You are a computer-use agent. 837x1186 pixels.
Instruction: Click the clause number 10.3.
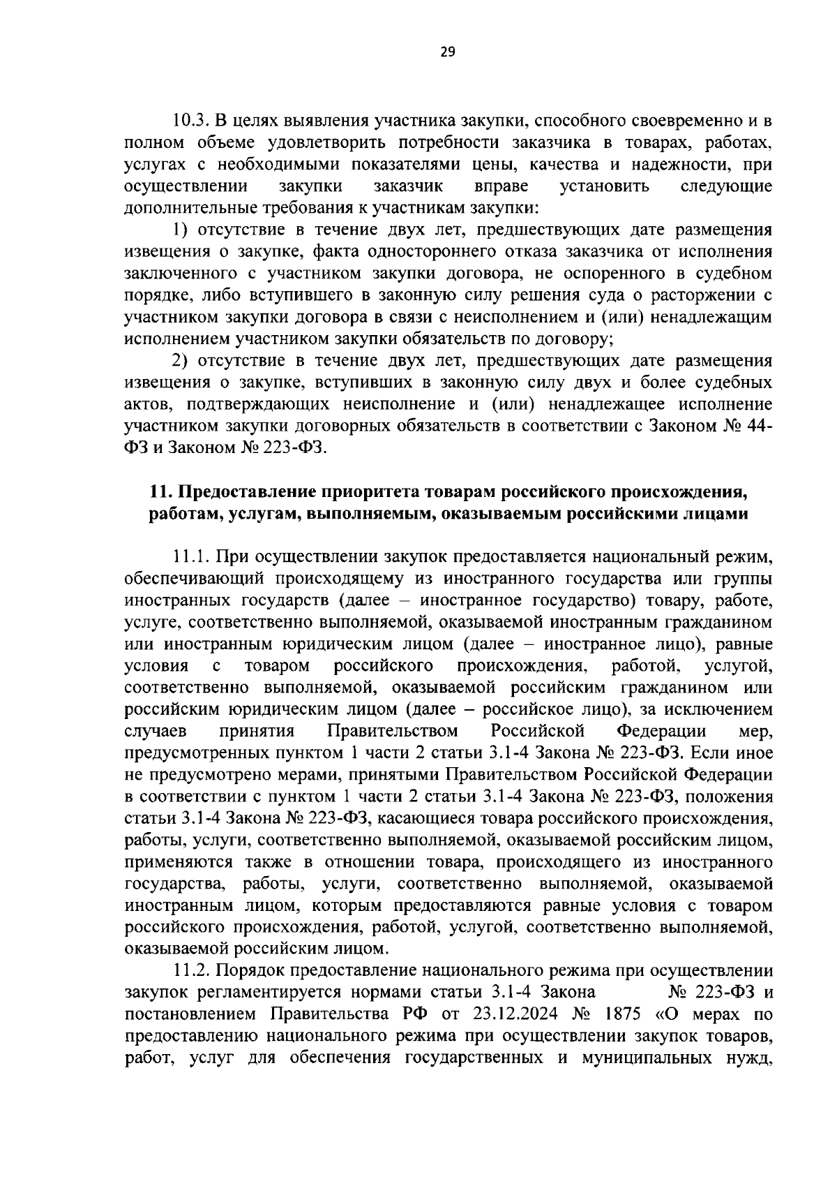[x=188, y=121]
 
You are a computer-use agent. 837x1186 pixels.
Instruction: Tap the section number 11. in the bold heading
[x=160, y=491]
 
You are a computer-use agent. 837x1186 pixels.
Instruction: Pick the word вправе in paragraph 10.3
[x=500, y=186]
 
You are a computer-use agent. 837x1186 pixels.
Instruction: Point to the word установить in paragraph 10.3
[x=605, y=186]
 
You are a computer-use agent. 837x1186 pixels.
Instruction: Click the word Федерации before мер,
[x=661, y=732]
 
